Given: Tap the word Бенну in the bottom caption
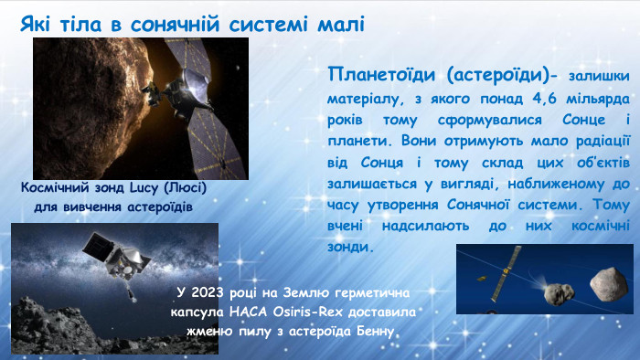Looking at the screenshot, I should [x=374, y=331].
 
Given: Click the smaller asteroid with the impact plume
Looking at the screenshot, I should [x=557, y=293].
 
